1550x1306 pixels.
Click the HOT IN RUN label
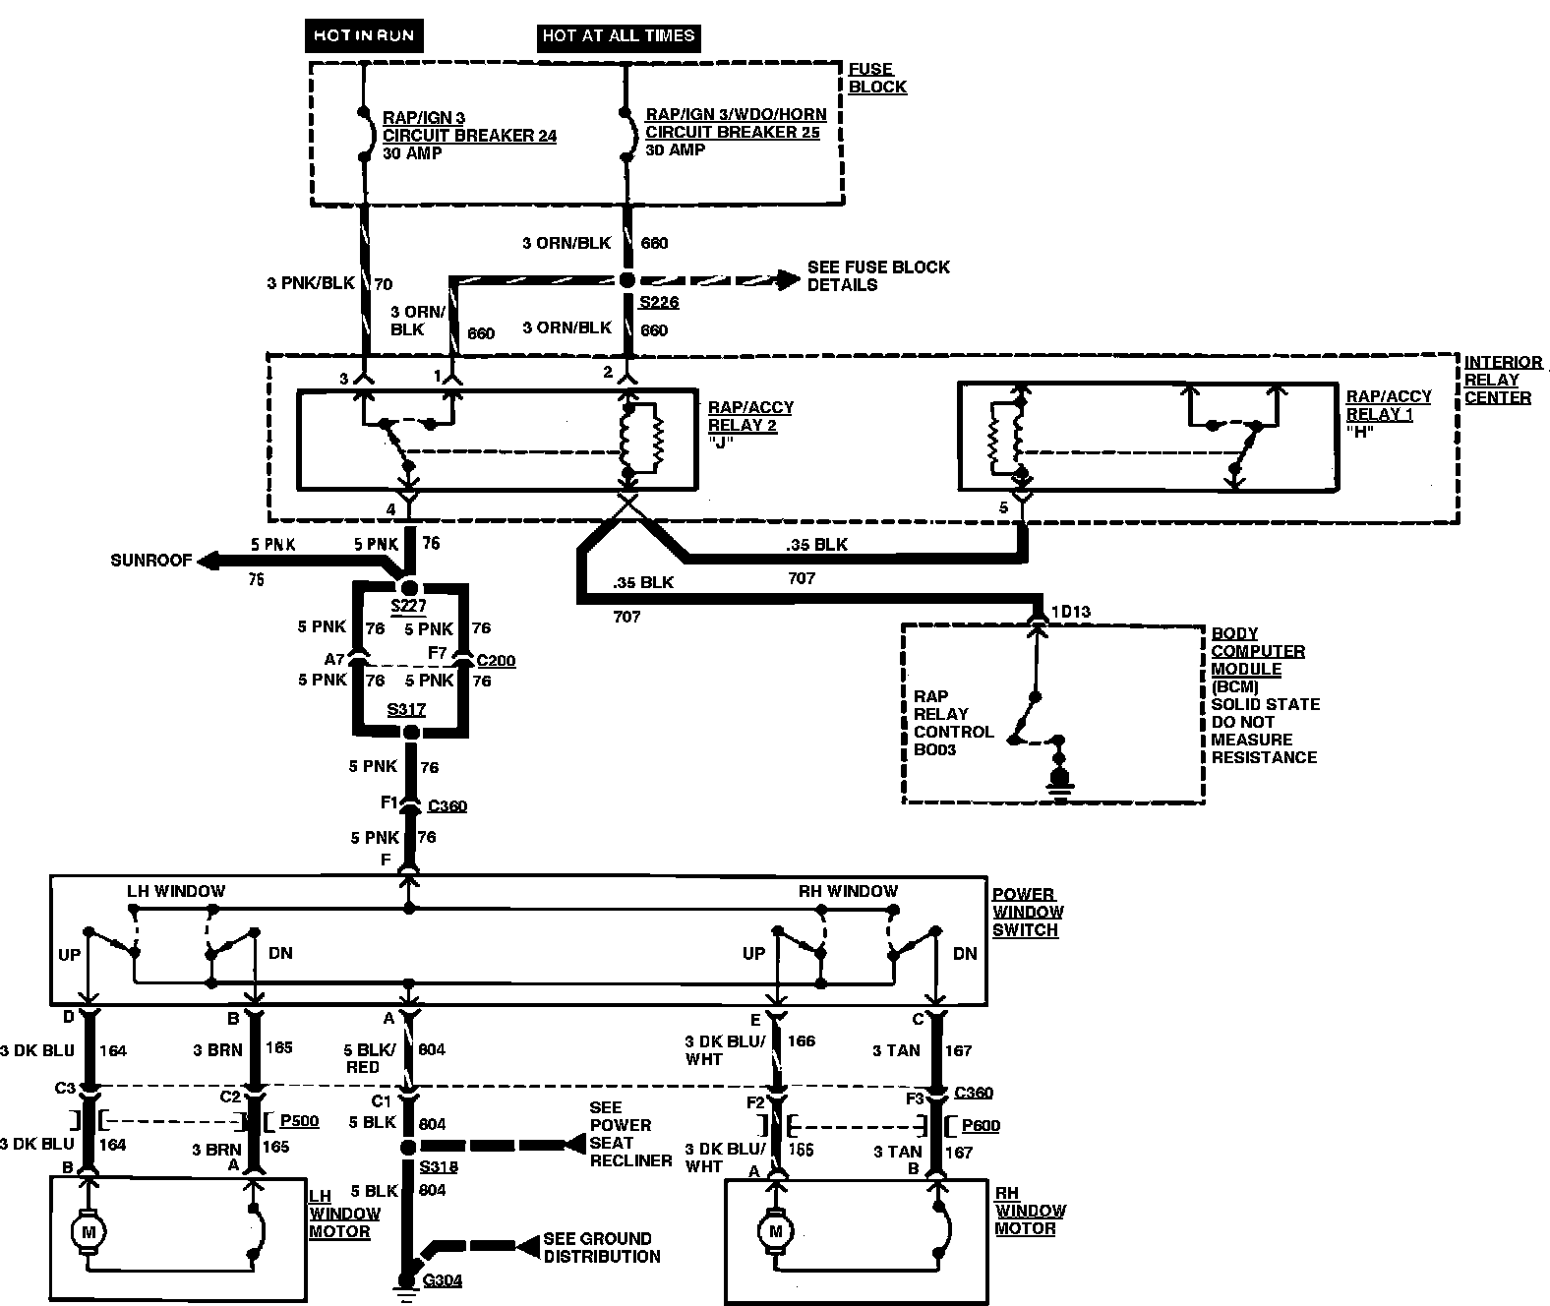364,36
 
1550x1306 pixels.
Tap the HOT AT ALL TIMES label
619,36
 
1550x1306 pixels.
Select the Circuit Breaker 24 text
469,136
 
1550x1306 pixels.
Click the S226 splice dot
626,280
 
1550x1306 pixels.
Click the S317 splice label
406,709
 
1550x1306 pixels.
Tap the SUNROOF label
149,561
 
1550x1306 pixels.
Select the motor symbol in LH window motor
89,1231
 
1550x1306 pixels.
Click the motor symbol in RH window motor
776,1230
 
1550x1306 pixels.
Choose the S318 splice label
438,1167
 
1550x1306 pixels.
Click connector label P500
299,1120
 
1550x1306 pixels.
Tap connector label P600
980,1125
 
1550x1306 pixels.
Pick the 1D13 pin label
1070,612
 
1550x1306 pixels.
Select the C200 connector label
496,661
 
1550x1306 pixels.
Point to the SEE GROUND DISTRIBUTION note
601,1247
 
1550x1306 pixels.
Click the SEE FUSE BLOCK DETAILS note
877,275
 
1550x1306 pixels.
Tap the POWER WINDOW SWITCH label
1025,912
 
